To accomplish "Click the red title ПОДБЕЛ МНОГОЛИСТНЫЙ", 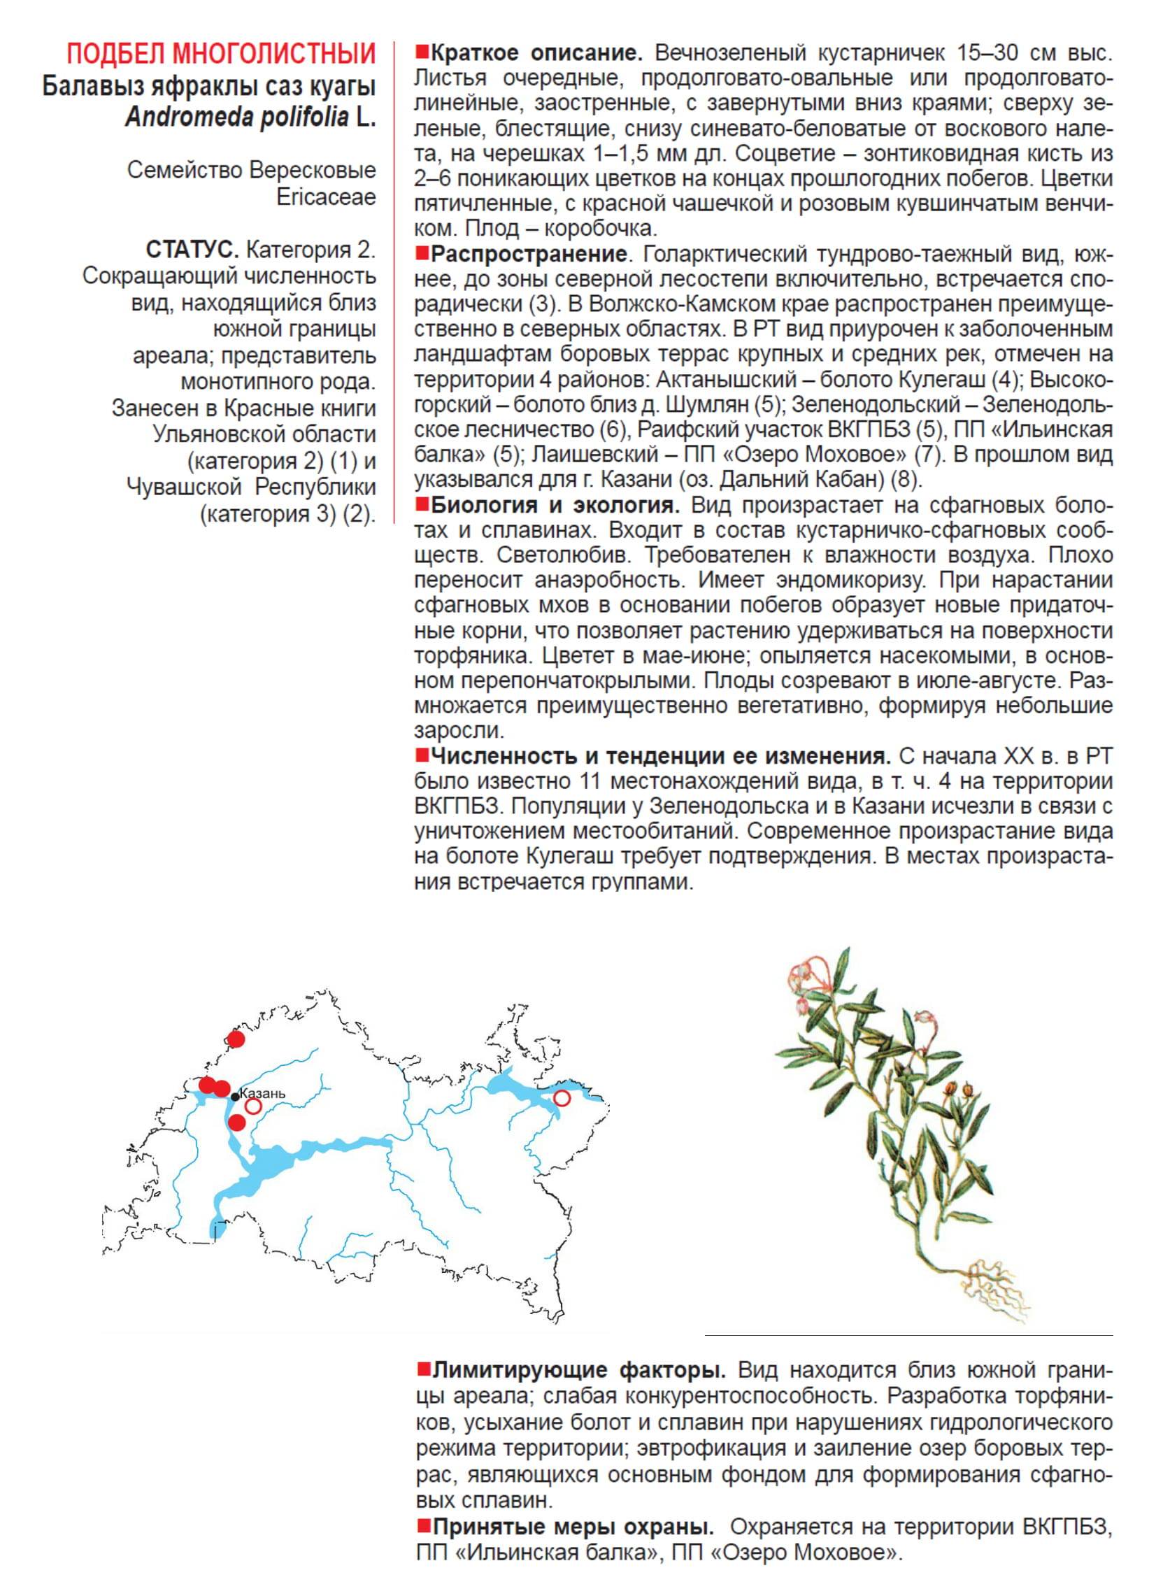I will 221,54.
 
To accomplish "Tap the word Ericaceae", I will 326,197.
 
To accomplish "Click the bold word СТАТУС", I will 192,250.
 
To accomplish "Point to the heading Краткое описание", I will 536,53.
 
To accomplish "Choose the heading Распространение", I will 528,253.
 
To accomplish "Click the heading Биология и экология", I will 554,504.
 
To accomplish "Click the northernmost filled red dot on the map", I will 236,1039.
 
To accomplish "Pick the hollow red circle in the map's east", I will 562,1098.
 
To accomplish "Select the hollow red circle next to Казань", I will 253,1106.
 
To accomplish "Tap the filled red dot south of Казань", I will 237,1123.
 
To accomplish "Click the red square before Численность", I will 422,755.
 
